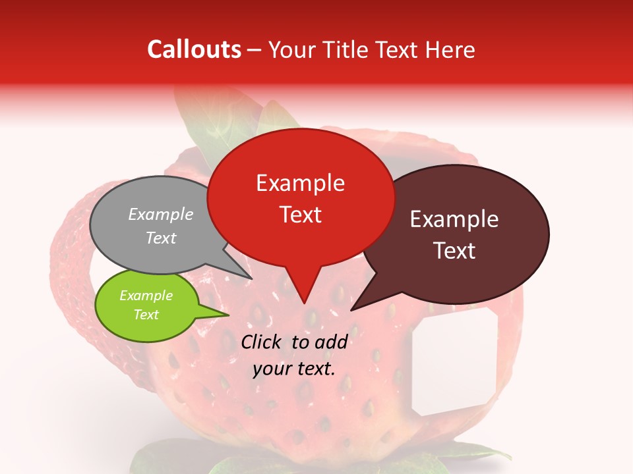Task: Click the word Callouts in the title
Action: click(x=194, y=49)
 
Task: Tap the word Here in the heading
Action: click(x=450, y=49)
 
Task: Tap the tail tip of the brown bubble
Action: click(x=352, y=309)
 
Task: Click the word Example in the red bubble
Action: click(x=301, y=183)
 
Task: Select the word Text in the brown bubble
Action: click(x=455, y=251)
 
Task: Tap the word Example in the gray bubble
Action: click(x=161, y=214)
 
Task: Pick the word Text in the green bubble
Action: click(x=146, y=315)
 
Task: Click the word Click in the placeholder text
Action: click(x=262, y=342)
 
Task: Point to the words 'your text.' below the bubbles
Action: click(x=294, y=369)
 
